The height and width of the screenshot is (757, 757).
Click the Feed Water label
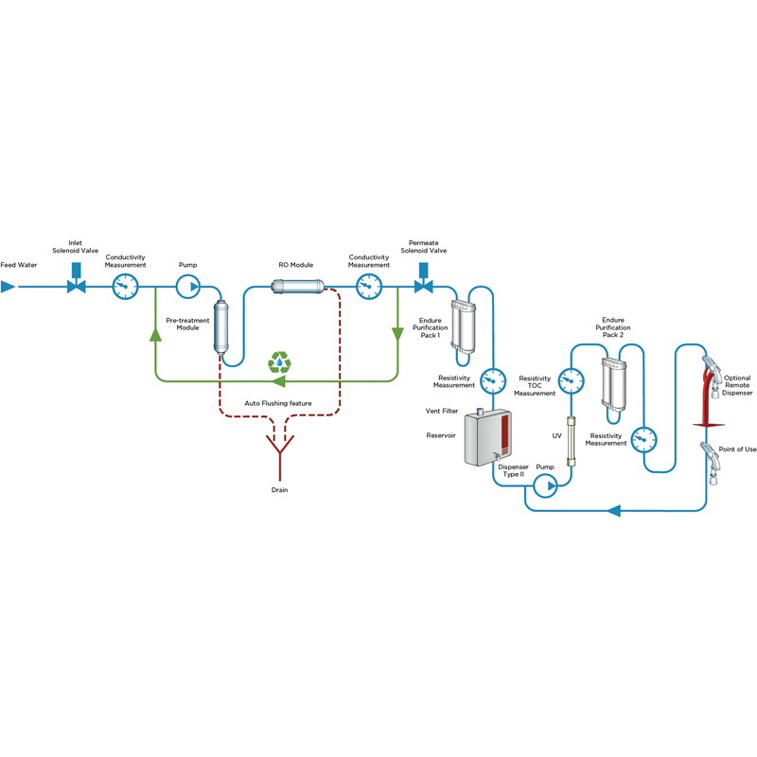coord(19,265)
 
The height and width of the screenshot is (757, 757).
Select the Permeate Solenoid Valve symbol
coord(424,285)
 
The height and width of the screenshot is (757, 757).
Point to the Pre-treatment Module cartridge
coord(223,327)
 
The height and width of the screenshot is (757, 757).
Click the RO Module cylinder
coord(297,284)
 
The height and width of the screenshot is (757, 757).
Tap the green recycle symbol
coord(280,361)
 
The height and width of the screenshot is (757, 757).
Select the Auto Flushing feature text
coord(278,403)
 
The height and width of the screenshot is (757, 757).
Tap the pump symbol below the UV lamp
coord(545,486)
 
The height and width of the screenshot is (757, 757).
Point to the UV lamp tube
coord(571,441)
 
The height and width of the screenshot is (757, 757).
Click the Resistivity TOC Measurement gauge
coord(571,381)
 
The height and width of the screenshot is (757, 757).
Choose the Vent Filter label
coord(443,412)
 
